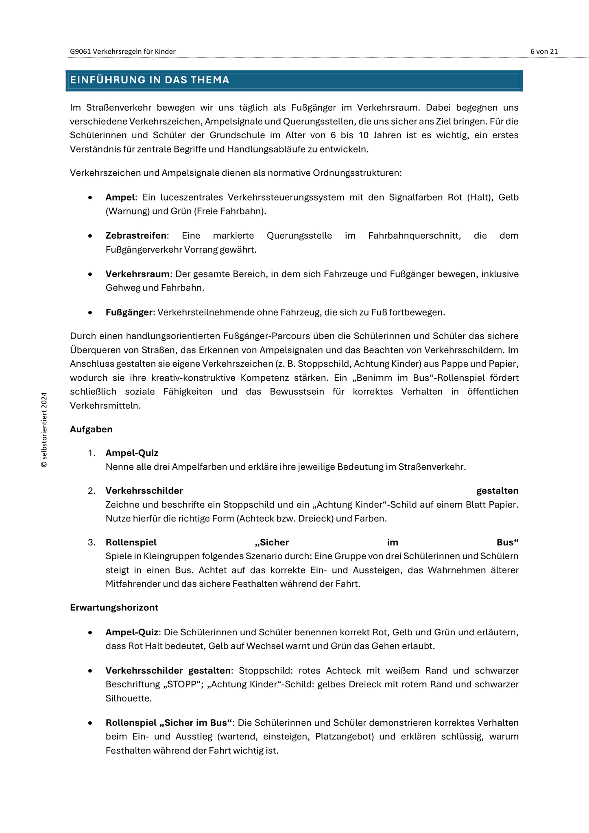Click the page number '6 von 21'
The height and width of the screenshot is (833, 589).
544,51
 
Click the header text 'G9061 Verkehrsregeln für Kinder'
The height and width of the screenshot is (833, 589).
123,51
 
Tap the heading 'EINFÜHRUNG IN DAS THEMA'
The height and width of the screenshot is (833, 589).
150,80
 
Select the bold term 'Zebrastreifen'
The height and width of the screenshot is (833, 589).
136,236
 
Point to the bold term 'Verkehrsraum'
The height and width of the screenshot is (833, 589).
137,274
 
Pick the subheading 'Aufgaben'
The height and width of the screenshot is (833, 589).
91,429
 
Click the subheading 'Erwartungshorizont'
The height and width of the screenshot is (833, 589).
114,607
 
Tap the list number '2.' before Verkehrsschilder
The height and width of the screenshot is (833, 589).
92,491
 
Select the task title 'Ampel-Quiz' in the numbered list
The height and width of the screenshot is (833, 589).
132,453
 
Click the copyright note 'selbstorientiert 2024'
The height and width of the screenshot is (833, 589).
44,430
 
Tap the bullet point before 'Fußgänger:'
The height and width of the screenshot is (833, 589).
90,313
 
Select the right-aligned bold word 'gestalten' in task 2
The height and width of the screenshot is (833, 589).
497,491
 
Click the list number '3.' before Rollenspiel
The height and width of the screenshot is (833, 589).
92,542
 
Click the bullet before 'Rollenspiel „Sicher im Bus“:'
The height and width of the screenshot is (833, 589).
90,723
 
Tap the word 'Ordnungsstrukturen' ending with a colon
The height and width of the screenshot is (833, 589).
357,173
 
